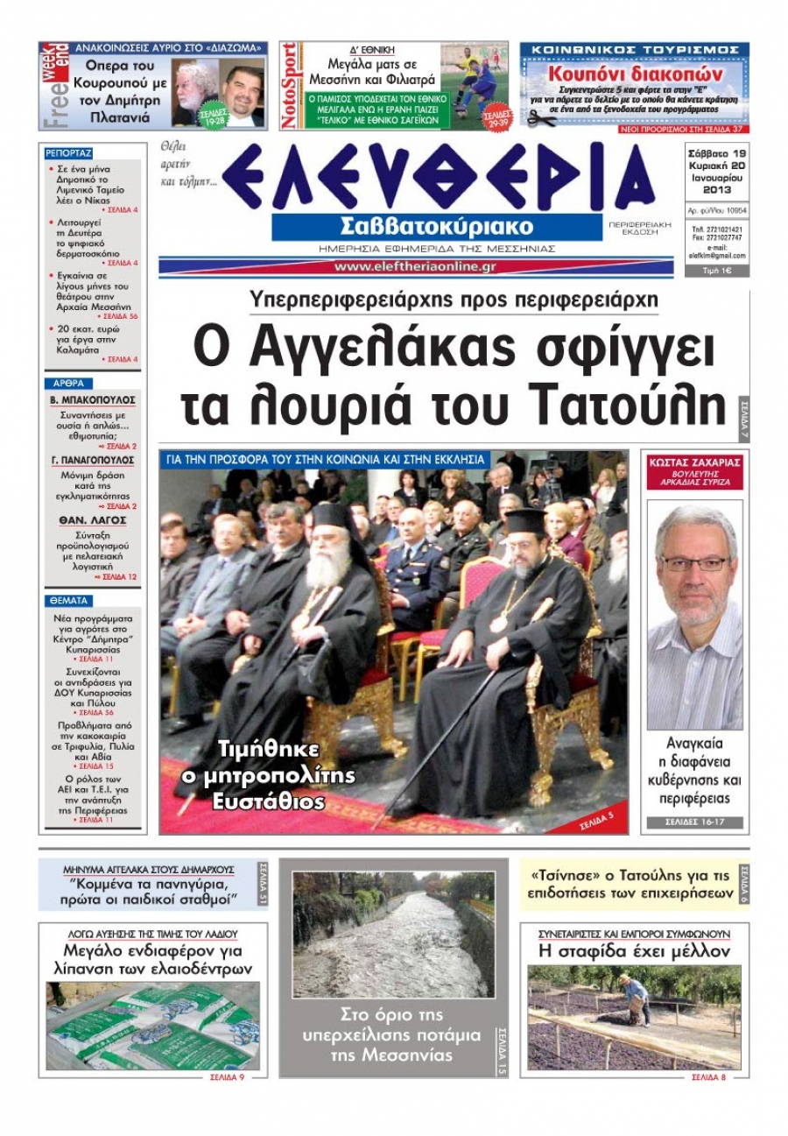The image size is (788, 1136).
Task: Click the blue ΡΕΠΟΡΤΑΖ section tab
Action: click(x=68, y=152)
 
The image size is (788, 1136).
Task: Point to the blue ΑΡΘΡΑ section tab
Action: click(x=67, y=383)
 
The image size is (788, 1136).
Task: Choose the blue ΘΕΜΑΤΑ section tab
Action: click(x=67, y=601)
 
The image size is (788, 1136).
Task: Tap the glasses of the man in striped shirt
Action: click(x=693, y=563)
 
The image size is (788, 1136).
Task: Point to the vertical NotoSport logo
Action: click(x=290, y=86)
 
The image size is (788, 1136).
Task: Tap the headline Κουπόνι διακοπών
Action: click(x=635, y=74)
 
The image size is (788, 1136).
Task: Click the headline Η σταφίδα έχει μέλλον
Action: click(x=633, y=951)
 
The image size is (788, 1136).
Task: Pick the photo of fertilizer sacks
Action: click(x=153, y=1026)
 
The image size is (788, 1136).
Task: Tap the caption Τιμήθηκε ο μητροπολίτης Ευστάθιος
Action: click(x=255, y=774)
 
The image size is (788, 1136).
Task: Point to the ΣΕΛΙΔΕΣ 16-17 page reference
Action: click(x=694, y=822)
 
